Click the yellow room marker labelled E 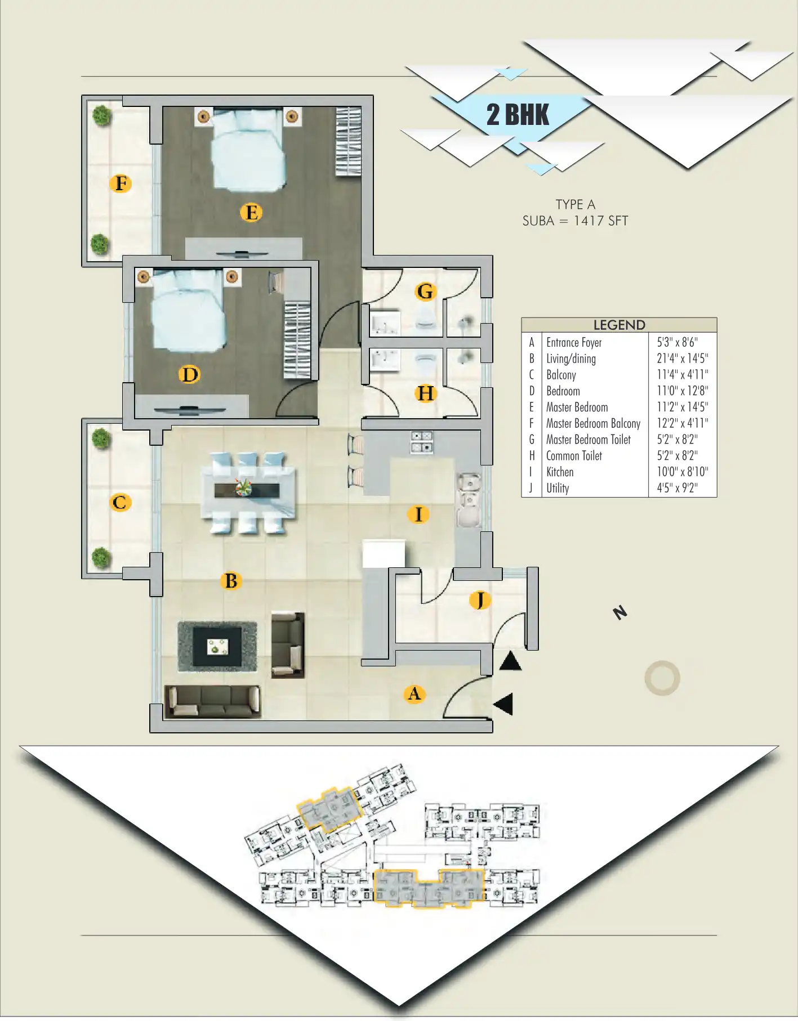(251, 213)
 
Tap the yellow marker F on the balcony (121, 183)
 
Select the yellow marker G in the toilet (425, 292)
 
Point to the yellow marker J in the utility (480, 600)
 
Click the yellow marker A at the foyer (414, 694)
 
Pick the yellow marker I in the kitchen (418, 514)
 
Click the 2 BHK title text (518, 115)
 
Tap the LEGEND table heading (619, 325)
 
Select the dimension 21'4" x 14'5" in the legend (682, 359)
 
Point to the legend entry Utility (558, 489)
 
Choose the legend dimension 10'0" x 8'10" (682, 472)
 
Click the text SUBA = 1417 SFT (575, 221)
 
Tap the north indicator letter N (620, 612)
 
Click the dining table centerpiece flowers (244, 487)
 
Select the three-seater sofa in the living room (212, 702)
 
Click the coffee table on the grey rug (217, 647)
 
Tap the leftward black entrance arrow (503, 704)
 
